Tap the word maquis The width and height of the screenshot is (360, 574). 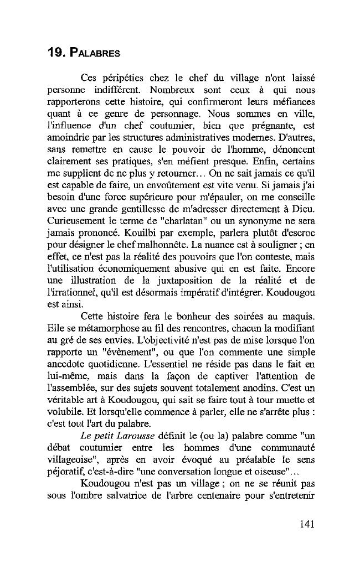click(299, 317)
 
